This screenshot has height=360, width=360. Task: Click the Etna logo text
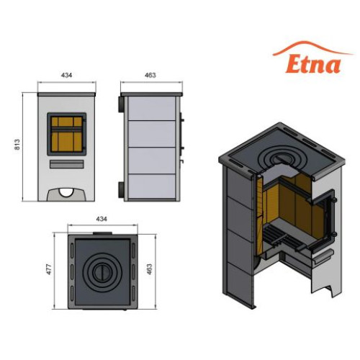click(x=313, y=64)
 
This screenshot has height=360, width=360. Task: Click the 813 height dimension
click(x=17, y=144)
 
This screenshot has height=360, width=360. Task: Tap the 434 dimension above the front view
click(x=66, y=75)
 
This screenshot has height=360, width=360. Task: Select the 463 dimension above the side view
click(x=150, y=75)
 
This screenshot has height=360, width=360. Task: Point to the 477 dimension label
click(x=49, y=269)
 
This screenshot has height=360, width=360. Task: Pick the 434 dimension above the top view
click(x=102, y=219)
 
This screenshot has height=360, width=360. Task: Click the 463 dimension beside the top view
click(x=149, y=269)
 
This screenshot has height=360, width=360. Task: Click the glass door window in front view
click(x=67, y=134)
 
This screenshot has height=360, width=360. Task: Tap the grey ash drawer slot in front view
click(x=67, y=164)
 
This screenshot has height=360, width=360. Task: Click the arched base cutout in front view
click(x=66, y=194)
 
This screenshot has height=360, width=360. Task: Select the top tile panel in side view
click(x=151, y=108)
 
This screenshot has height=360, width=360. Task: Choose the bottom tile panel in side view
click(x=151, y=186)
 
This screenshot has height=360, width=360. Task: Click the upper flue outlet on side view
click(x=121, y=104)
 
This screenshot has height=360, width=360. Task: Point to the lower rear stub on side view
click(x=121, y=190)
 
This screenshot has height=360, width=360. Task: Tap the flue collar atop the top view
click(x=102, y=233)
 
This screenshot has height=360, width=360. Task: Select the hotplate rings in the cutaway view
click(x=278, y=158)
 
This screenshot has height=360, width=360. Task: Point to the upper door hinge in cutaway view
click(x=334, y=199)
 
